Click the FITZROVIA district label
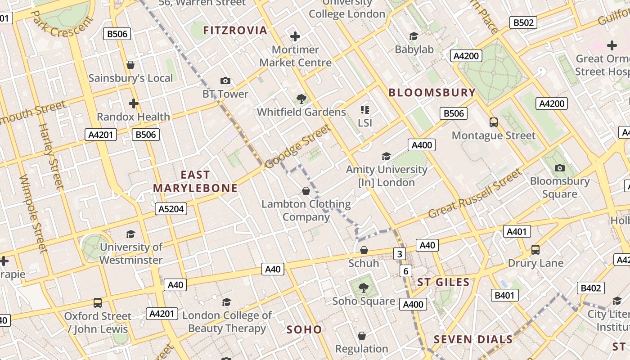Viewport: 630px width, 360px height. [x=235, y=31]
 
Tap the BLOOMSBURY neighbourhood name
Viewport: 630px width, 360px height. [x=432, y=93]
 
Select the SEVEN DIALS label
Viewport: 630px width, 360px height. [x=473, y=339]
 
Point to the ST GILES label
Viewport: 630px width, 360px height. [x=443, y=282]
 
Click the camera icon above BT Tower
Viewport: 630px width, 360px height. [x=225, y=81]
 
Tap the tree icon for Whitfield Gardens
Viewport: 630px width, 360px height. [x=301, y=99]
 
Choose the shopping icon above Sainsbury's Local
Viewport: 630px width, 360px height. [x=130, y=65]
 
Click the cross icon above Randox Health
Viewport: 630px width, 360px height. [x=133, y=103]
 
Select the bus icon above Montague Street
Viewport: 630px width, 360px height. [x=494, y=122]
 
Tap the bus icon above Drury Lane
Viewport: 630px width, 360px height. [x=535, y=250]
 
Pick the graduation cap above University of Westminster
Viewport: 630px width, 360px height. [x=130, y=234]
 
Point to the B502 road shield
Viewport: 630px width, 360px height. [x=524, y=23]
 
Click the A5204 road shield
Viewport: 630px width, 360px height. [x=171, y=209]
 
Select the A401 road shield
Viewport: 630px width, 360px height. [x=517, y=232]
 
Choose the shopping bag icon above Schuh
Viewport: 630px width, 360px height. [x=364, y=250]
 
